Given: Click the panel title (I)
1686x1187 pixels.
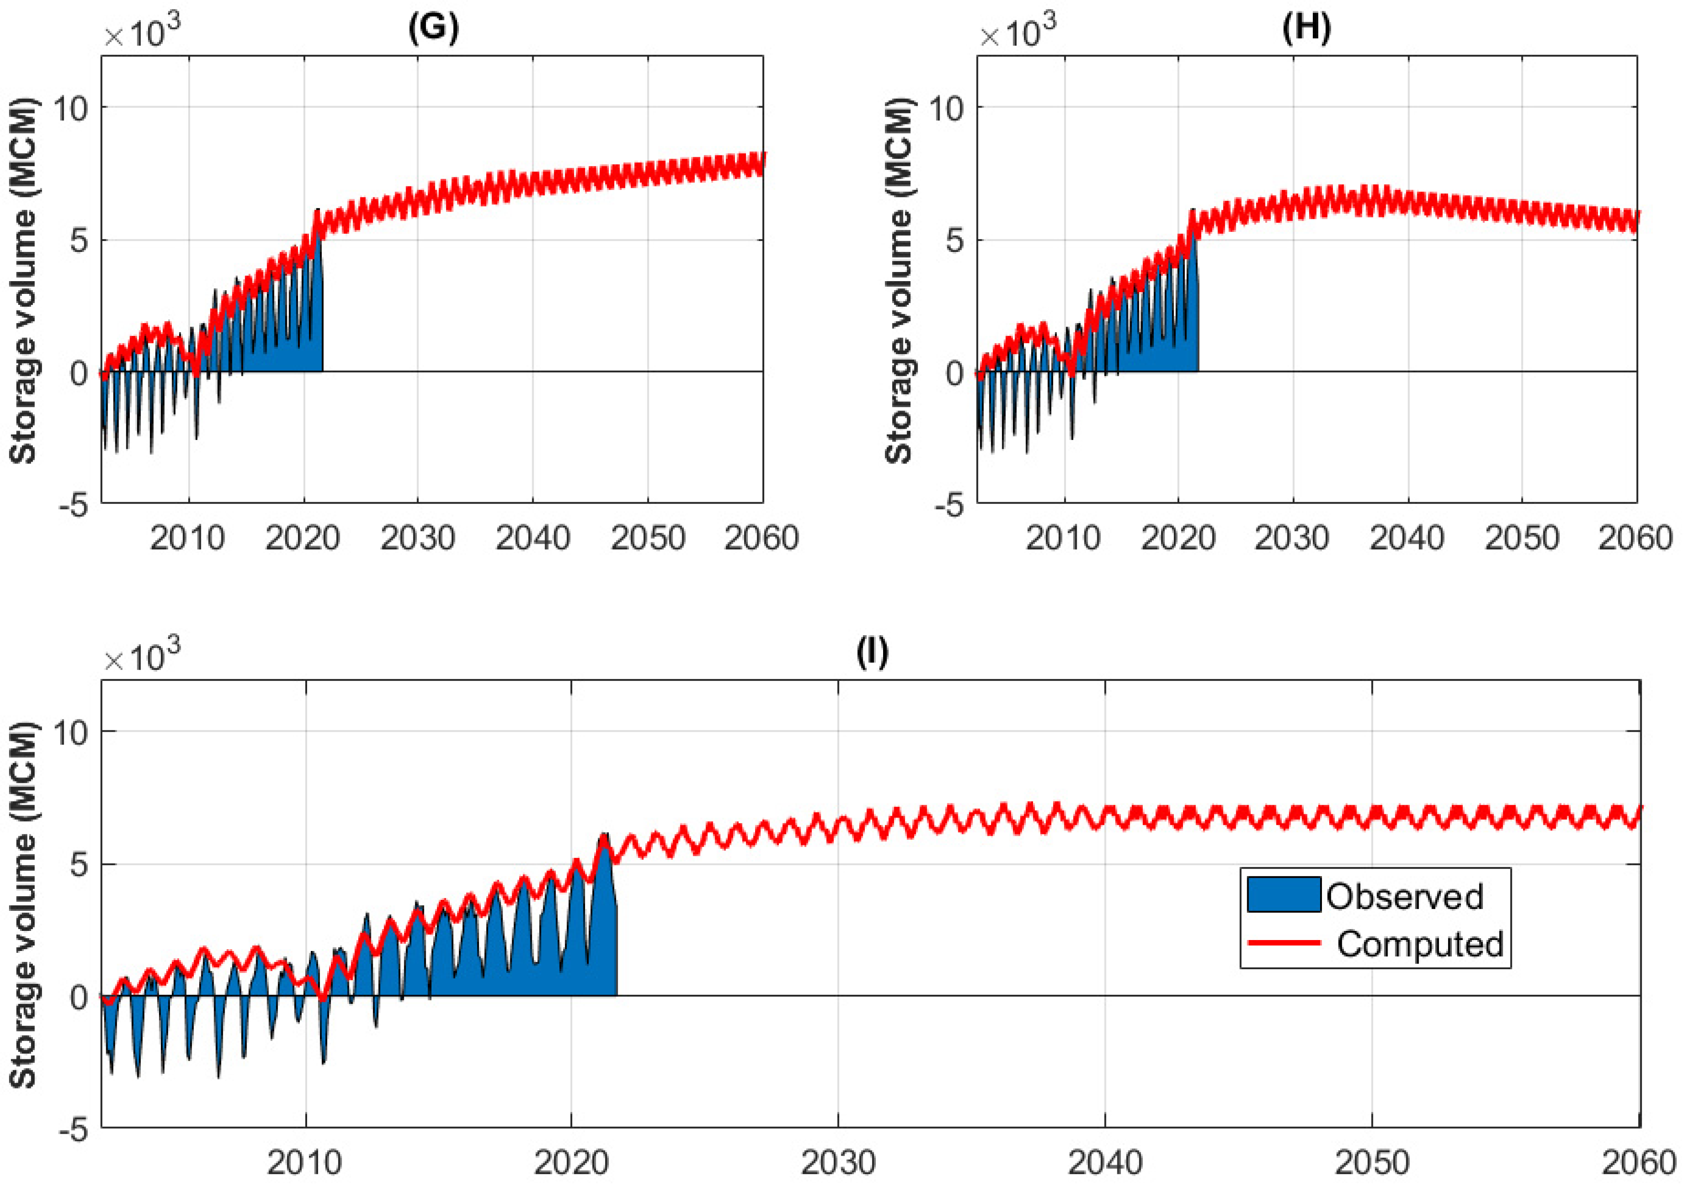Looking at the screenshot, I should point(872,652).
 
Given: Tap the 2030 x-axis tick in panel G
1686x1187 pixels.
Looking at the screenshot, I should point(417,538).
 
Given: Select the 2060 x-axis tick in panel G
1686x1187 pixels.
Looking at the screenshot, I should point(761,538).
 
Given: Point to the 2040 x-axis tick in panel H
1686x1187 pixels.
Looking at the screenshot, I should point(1407,538).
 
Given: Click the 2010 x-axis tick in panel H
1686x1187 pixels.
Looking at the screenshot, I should point(1063,538).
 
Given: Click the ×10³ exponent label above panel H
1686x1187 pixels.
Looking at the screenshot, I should point(1018,32).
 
